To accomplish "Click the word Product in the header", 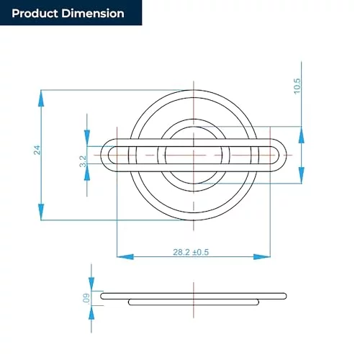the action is click(x=35, y=14).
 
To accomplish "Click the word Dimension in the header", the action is click(x=93, y=14).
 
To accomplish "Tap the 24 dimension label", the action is click(x=37, y=150).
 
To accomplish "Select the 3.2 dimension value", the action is click(x=83, y=161).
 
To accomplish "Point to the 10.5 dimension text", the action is click(x=297, y=86).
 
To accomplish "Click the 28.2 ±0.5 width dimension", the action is click(x=191, y=252).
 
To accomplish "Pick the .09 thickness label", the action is click(x=86, y=298).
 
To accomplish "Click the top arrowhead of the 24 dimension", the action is click(x=41, y=98).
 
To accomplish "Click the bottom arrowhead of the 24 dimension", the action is click(x=41, y=212).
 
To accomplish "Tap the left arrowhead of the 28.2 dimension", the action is click(x=125, y=257).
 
